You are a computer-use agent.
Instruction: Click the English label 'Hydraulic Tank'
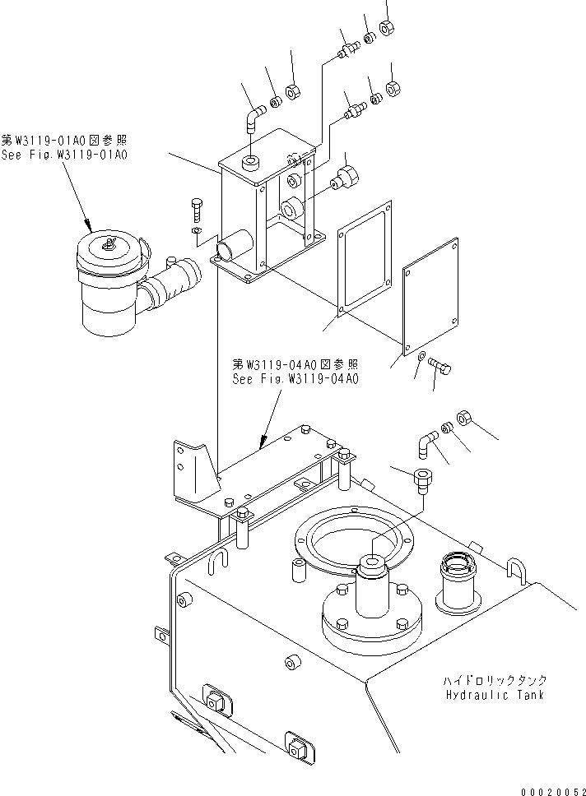(x=494, y=695)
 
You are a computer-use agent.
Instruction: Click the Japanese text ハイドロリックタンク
(x=494, y=682)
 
